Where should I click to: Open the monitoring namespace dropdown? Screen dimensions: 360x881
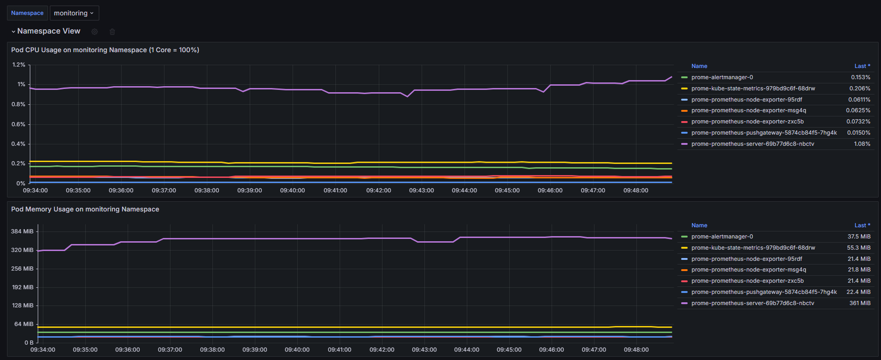[74, 13]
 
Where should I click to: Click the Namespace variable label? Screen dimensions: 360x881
[27, 13]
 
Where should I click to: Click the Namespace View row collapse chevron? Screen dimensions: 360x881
[14, 32]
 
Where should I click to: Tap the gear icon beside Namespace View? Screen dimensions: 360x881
[95, 32]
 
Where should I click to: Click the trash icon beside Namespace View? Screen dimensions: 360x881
[112, 32]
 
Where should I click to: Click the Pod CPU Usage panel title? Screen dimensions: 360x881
[105, 50]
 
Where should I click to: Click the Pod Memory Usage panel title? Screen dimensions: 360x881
[85, 209]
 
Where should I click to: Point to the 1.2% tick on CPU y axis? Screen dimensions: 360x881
[19, 65]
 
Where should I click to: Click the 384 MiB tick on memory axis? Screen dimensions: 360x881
[22, 231]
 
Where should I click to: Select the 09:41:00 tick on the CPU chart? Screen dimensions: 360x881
[335, 190]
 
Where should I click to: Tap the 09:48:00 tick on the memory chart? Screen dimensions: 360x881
[636, 349]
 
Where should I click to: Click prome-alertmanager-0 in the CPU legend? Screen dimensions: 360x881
[722, 77]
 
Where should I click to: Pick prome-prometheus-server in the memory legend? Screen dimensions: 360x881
[752, 303]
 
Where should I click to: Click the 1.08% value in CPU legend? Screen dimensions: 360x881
[862, 144]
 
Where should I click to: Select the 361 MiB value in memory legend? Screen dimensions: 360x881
[860, 303]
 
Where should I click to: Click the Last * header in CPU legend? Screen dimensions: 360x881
[862, 66]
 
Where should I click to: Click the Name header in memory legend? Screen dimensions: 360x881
[699, 225]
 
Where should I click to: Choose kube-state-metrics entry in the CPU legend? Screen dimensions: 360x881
[753, 88]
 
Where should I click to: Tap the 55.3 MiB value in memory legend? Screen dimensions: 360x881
[859, 248]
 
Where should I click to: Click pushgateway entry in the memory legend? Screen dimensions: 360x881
[764, 292]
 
